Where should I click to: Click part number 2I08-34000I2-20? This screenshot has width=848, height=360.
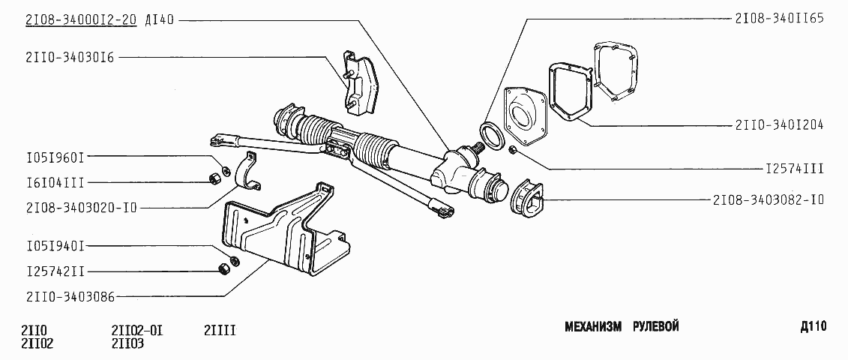pos(81,21)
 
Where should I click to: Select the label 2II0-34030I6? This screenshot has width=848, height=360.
pos(70,58)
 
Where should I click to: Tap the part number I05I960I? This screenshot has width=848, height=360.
pos(55,157)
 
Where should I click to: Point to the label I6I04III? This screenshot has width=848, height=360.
pos(55,182)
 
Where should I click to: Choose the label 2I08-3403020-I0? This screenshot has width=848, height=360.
pos(81,207)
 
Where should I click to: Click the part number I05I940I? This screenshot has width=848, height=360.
pos(55,246)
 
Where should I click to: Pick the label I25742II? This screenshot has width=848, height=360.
pos(55,271)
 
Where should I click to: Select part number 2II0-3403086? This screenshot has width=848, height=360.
pos(70,296)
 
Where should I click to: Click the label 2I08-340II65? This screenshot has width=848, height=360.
pos(779,18)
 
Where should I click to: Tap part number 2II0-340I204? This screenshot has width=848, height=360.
pos(779,125)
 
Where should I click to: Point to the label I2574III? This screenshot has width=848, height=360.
pos(795,169)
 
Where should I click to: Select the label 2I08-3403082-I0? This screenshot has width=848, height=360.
pos(769,199)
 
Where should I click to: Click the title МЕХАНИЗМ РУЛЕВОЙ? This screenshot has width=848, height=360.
pos(622,327)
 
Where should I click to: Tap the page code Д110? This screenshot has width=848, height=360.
pos(814,326)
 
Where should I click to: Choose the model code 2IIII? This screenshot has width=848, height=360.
pos(220,330)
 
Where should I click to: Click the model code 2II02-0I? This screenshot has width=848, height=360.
pos(137,330)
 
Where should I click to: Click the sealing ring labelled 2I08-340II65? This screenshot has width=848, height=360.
pos(492,133)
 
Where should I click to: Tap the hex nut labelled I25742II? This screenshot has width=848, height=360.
pos(221,268)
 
